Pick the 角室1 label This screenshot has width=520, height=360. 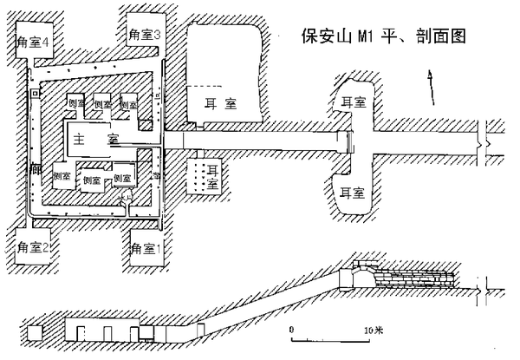point(146,249)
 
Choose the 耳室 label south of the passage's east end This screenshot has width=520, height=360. point(351,189)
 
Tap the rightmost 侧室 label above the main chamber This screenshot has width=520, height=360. point(129,102)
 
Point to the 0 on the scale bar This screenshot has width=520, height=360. point(292,330)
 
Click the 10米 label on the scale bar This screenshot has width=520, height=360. point(373,330)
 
